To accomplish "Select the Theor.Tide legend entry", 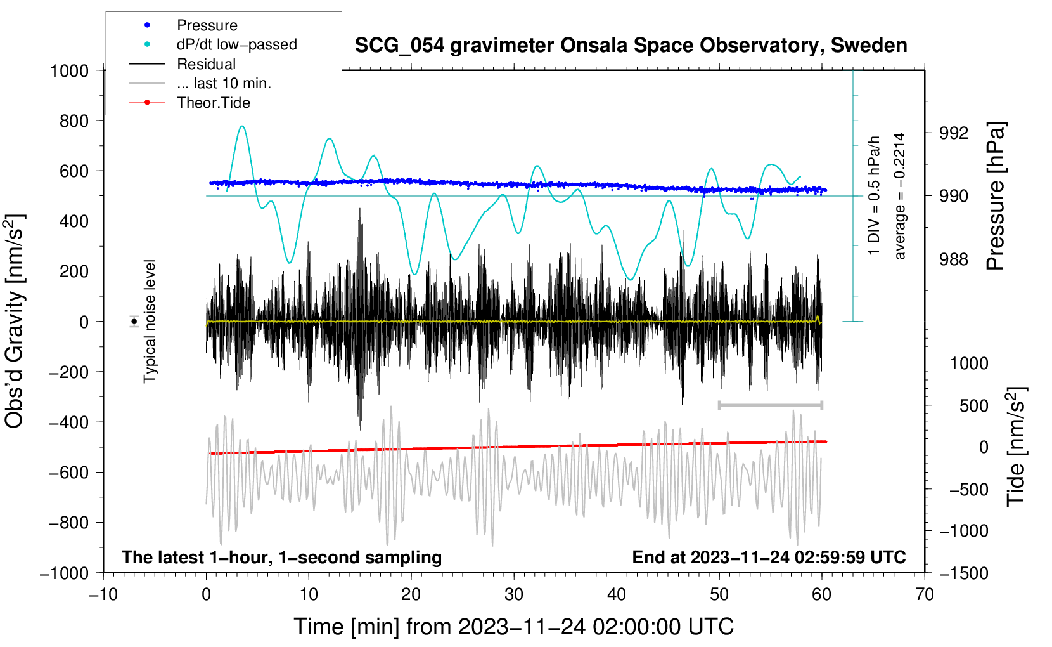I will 213,103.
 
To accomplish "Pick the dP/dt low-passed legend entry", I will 236,44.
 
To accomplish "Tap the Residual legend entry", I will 206,64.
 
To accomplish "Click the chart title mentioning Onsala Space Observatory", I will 631,46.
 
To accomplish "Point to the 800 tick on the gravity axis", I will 74,121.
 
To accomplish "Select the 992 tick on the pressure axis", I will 953,133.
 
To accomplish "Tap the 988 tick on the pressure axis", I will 953,259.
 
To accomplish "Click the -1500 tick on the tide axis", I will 963,573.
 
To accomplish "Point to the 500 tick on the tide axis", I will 973,406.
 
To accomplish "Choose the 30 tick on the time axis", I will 514,594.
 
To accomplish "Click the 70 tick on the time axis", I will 925,594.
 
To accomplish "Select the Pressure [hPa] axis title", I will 996,197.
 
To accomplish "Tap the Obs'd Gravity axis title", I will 14,321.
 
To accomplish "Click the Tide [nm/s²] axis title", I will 1016,447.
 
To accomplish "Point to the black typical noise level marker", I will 134,322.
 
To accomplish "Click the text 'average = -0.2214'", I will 899,196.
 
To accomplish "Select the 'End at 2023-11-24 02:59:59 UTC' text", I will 769,557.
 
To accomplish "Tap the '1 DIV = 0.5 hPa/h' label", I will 875,196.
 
